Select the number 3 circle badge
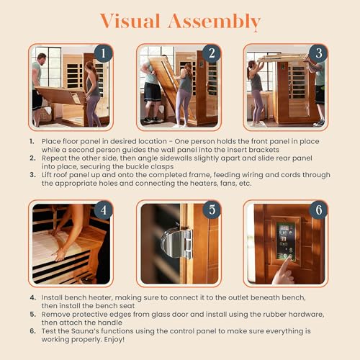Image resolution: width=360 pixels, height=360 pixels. tap(317, 54)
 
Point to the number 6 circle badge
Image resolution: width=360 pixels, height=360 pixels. tap(317, 211)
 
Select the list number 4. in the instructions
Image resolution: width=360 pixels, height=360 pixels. tap(32, 297)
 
